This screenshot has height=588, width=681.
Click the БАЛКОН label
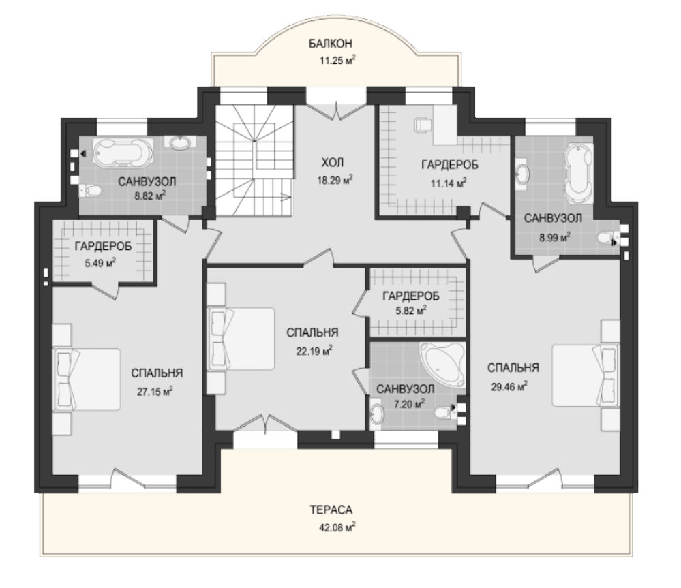point(330,44)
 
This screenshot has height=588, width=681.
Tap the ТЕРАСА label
point(331,510)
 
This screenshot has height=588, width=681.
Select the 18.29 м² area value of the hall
point(335,179)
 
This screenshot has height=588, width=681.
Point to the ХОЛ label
point(333,163)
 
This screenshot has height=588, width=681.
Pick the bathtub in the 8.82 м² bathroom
point(123,153)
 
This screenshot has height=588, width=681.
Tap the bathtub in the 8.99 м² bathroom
point(579,173)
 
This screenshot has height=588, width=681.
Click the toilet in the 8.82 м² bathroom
point(91,190)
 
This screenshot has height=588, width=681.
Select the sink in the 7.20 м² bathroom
point(376,414)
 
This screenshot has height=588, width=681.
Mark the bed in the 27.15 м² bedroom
point(87,380)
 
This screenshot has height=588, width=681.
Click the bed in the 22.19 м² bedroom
point(241,339)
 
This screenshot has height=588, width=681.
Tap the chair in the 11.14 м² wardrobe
point(423,125)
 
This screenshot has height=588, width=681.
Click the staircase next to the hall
point(254,160)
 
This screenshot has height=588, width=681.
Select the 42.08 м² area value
point(337,527)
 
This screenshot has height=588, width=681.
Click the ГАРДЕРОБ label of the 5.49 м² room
point(104,247)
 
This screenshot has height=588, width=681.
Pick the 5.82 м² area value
point(411,310)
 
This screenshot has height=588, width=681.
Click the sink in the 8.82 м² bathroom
point(178,142)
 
